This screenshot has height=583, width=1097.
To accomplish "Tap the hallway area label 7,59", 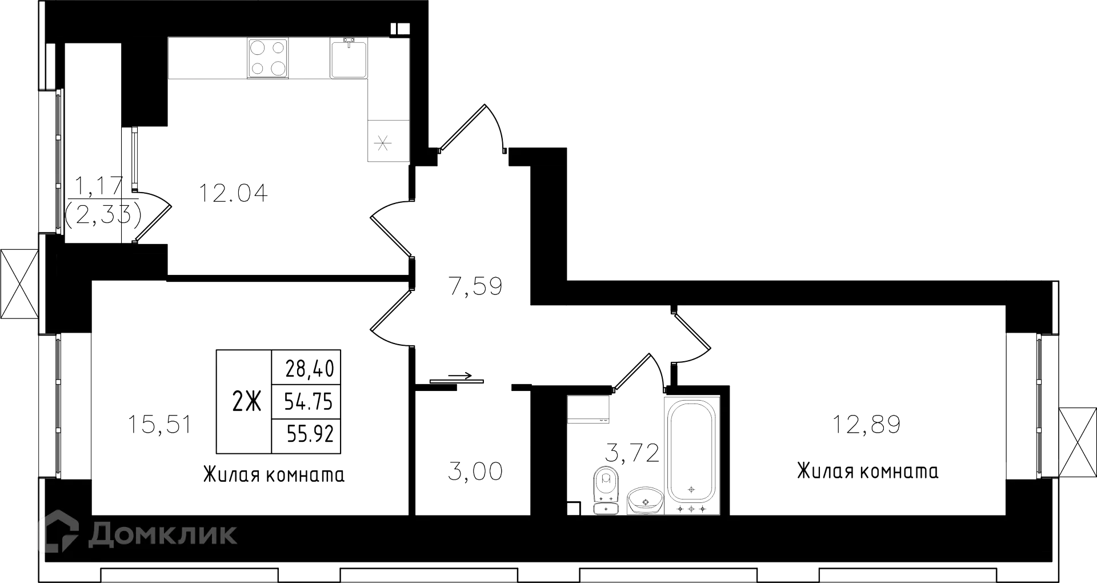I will (x=475, y=286).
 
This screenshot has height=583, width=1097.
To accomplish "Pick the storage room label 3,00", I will (x=475, y=472).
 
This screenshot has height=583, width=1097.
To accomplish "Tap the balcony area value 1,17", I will (x=99, y=185).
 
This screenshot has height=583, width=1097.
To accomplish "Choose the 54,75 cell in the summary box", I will (x=309, y=402).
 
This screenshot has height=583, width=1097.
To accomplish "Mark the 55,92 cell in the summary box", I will (x=309, y=435).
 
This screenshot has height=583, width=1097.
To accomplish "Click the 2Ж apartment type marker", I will (x=246, y=402).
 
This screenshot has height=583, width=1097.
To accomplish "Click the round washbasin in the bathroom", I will (x=644, y=500).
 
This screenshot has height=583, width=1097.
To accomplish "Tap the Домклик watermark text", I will (x=162, y=534).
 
